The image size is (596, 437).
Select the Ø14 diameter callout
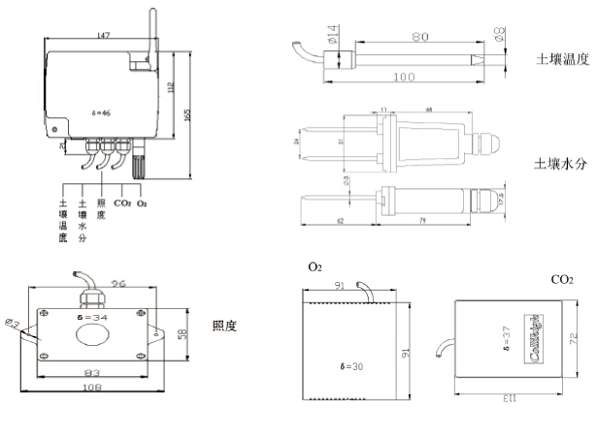click(332, 41)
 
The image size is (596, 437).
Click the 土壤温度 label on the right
click(563, 59)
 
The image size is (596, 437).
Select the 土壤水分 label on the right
click(563, 165)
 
